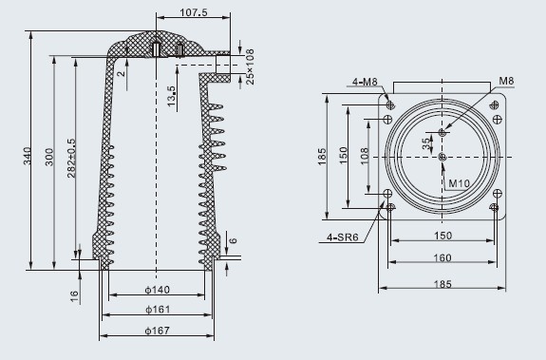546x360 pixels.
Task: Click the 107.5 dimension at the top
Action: coord(194,12)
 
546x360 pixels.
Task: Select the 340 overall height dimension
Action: coord(28,156)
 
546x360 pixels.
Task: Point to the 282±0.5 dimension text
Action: coord(71,158)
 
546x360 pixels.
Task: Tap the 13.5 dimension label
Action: coord(171,96)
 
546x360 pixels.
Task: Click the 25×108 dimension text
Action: coord(250,66)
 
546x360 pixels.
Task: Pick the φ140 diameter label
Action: coord(158,290)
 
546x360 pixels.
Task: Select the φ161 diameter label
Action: coord(158,309)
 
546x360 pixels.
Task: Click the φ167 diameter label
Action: coord(158,330)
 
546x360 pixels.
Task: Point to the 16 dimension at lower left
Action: coord(74,296)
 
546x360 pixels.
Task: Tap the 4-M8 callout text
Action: coord(365,82)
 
